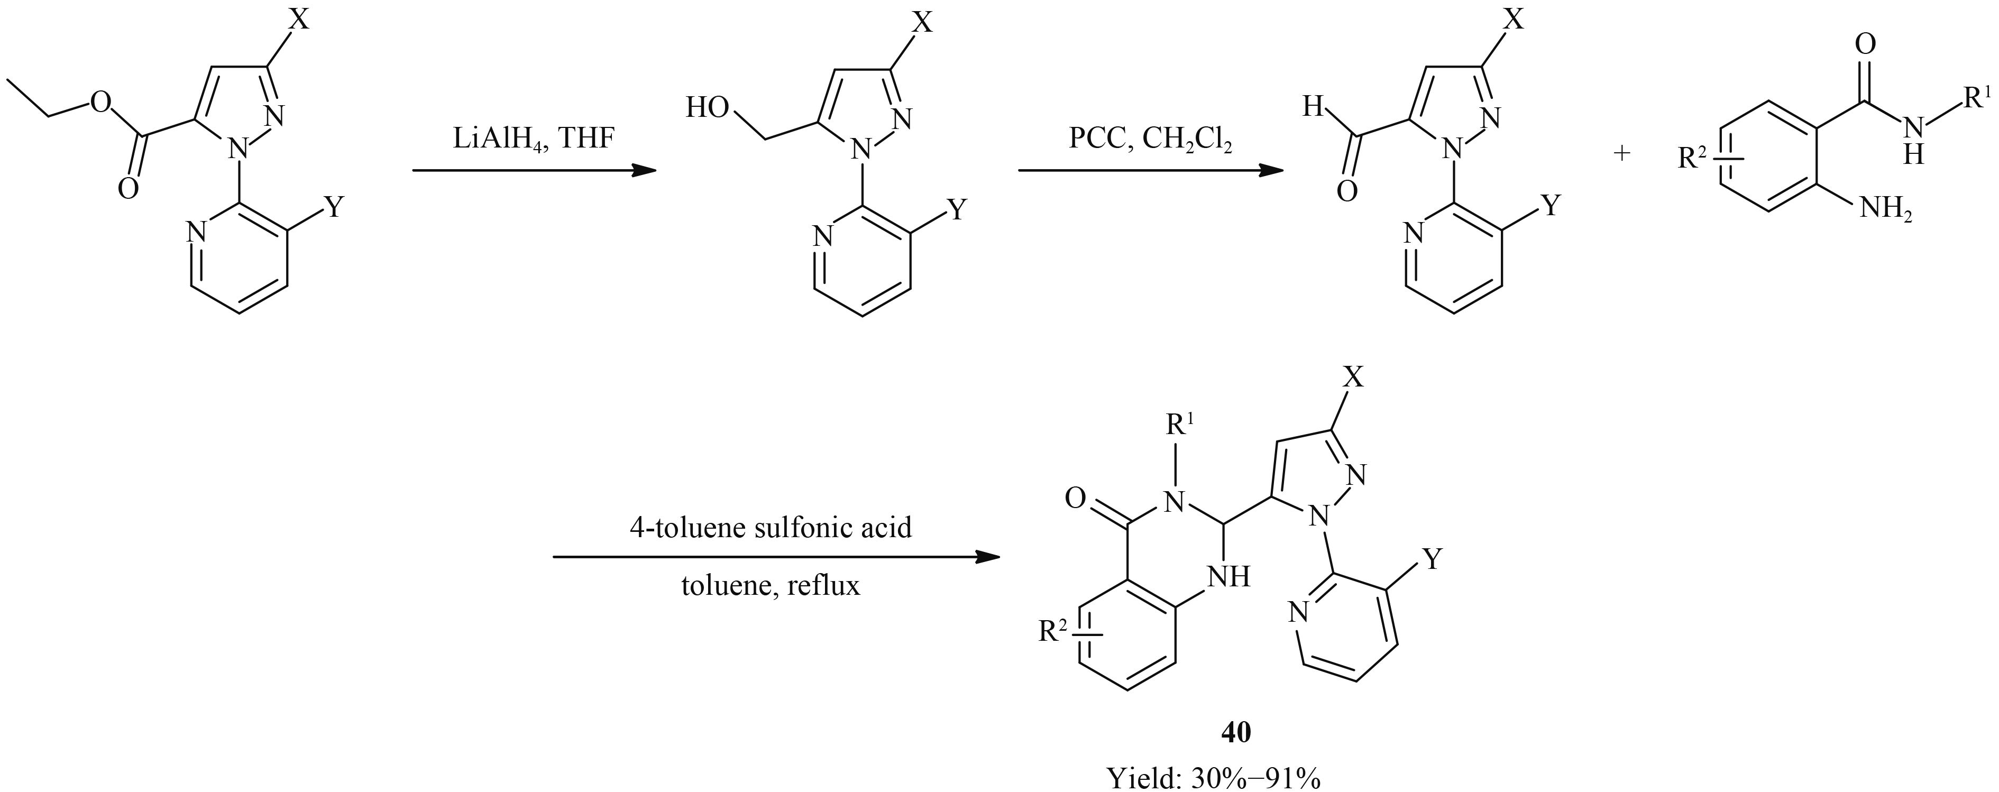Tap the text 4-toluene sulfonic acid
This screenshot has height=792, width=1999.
pyautogui.click(x=770, y=528)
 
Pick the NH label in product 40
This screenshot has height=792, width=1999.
pyautogui.click(x=1228, y=576)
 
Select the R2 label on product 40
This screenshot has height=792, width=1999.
pyautogui.click(x=1056, y=632)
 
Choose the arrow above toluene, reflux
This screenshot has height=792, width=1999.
pyautogui.click(x=776, y=557)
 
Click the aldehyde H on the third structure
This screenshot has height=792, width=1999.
pyautogui.click(x=1312, y=107)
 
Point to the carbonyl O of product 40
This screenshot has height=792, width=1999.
pyautogui.click(x=1075, y=498)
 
